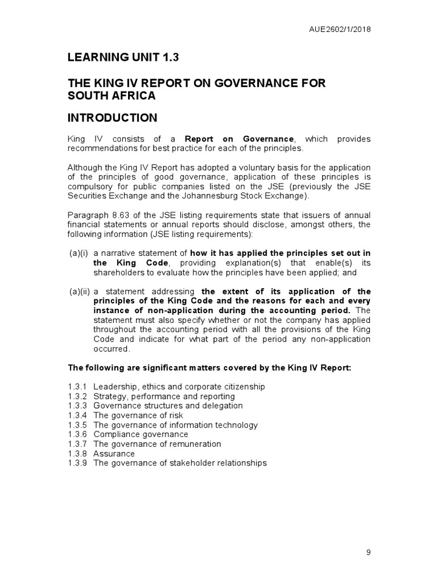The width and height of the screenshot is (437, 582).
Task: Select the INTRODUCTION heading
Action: (x=112, y=118)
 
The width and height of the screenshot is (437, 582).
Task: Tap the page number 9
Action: (x=368, y=552)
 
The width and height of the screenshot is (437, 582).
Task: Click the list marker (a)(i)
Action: (x=79, y=253)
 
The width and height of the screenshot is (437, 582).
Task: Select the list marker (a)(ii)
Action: (x=80, y=292)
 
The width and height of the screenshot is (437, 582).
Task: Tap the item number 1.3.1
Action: (x=77, y=386)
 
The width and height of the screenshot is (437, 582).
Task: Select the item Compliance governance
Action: (x=141, y=434)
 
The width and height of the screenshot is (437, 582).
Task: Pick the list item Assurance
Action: (x=114, y=454)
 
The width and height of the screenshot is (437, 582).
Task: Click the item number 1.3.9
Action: (x=77, y=463)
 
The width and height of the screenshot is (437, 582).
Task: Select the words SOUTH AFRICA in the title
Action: (x=112, y=95)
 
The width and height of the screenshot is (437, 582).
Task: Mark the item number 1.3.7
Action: (x=77, y=444)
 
